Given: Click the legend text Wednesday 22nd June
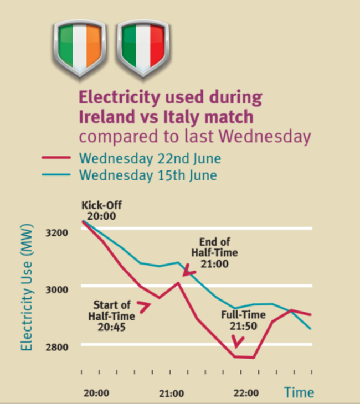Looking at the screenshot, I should (150, 159).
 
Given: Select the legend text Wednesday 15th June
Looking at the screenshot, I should (147, 175).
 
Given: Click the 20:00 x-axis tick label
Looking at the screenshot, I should (96, 393).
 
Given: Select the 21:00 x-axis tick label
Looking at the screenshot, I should (171, 393).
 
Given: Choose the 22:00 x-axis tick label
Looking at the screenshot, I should (245, 393).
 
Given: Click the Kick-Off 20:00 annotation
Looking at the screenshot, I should (100, 210).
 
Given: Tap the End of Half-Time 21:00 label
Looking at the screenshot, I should (214, 253).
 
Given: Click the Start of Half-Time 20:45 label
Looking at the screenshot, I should (111, 315).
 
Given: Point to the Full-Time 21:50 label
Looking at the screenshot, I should (239, 320).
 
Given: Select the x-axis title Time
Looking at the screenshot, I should (299, 393).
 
